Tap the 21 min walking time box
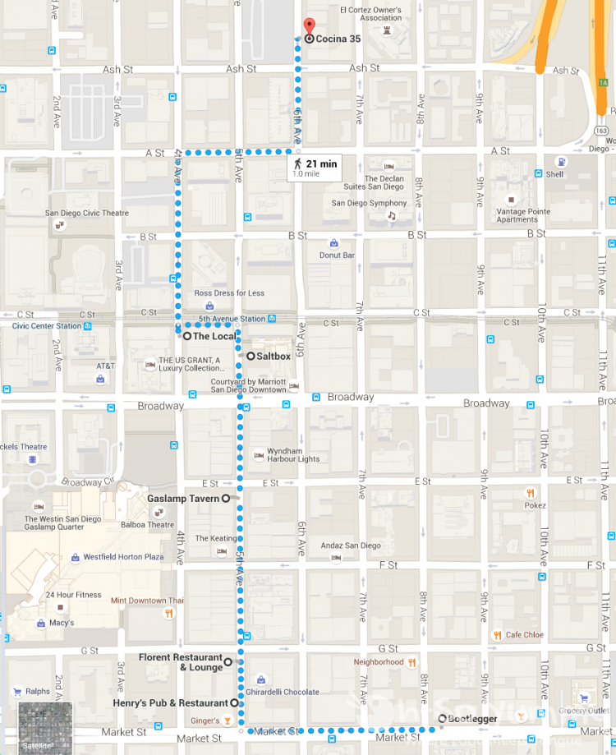coord(314,168)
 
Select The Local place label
coord(214,336)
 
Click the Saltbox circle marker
coord(251,356)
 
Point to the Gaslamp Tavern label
coord(183,499)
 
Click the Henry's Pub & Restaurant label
coord(170,703)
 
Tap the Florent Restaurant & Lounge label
coord(181,662)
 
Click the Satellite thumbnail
coord(45,727)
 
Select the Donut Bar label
coord(338,255)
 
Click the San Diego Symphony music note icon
coord(392,216)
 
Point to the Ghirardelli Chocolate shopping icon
coord(260,680)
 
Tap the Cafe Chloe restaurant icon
coord(498,634)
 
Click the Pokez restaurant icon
coord(531,493)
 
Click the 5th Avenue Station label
coord(232,319)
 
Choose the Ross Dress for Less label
coord(229,293)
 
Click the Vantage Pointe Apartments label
coord(523,215)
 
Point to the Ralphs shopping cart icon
coord(17,692)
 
